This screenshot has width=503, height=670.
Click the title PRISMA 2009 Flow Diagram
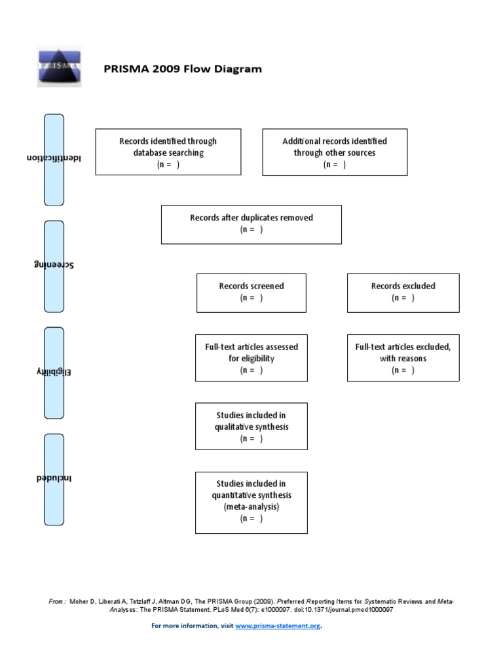click(183, 69)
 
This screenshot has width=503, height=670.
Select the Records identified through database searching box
click(168, 152)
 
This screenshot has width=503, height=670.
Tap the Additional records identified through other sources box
click(335, 152)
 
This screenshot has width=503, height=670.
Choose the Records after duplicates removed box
click(251, 224)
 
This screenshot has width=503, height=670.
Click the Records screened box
click(251, 292)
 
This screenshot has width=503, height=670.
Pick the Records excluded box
click(403, 292)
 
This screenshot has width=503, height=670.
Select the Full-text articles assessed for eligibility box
click(251, 358)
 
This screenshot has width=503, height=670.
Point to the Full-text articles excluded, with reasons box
click(403, 358)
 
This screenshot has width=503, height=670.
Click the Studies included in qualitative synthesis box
click(251, 427)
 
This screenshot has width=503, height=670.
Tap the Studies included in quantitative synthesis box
click(251, 501)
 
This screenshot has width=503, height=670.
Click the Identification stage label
click(54, 159)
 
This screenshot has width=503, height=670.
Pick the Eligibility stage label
click(54, 372)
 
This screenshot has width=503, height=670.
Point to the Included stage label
click(54, 478)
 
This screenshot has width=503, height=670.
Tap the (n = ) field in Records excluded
click(403, 298)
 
